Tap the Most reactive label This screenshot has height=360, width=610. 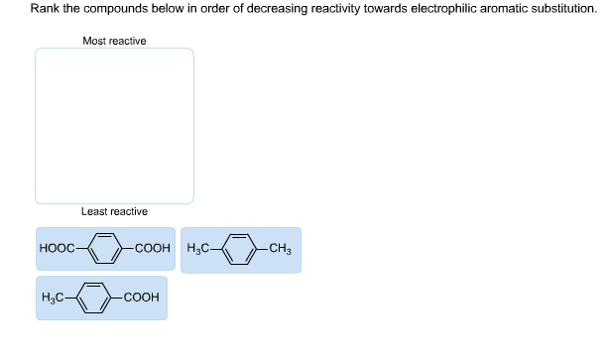[114, 41]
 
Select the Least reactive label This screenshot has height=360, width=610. [114, 211]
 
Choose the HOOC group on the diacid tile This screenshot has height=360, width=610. [57, 249]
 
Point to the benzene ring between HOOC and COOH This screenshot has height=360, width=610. [105, 249]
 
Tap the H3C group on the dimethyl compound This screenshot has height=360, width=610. [201, 249]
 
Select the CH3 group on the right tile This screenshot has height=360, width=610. [280, 249]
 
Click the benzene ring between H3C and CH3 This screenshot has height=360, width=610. [241, 249]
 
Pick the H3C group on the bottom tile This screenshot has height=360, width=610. [56, 298]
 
